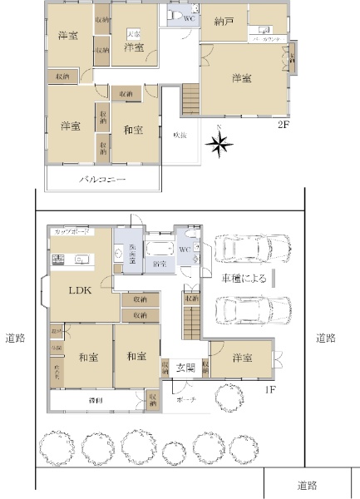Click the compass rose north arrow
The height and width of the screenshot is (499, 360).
(219, 146)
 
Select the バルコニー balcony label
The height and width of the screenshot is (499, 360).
(102, 179)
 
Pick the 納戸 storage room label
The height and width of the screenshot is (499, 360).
(223, 21)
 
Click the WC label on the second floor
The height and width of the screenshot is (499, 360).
(188, 17)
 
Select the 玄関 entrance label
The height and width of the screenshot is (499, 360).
(185, 367)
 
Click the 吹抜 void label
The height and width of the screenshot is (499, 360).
(180, 135)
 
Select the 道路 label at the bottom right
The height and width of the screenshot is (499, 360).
(308, 485)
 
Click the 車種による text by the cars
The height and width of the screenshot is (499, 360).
(243, 279)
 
